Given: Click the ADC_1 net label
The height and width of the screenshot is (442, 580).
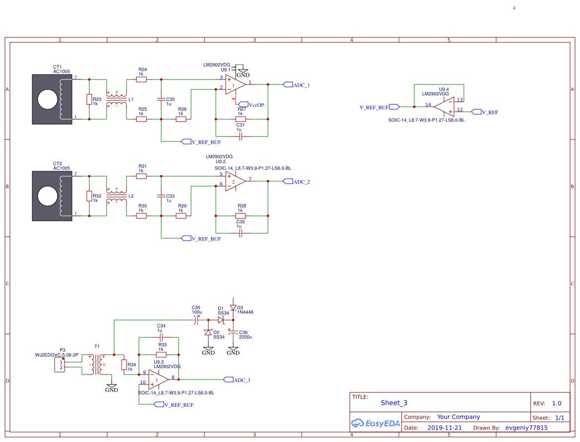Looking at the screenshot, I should [x=301, y=85].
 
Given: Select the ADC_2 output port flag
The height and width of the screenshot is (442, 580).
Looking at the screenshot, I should [x=287, y=182].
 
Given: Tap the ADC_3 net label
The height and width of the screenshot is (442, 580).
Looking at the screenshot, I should [x=242, y=380].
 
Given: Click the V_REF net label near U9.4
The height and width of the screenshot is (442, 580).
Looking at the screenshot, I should [x=490, y=112].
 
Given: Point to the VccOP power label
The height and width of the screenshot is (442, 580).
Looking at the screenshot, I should [x=257, y=105].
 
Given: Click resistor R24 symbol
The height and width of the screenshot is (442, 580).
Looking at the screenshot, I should [x=141, y=79].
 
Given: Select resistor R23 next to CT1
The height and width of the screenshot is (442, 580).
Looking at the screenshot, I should [x=89, y=100].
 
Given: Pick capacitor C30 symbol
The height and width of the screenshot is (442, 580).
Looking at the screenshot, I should [x=161, y=99].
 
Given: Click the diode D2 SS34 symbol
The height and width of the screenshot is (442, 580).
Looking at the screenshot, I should [x=208, y=332].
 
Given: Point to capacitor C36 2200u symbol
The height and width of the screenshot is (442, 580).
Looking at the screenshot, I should [x=233, y=332].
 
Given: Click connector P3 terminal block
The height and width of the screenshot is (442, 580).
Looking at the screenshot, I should [x=61, y=365].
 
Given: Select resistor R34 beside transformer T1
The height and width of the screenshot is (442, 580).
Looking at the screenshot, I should [x=124, y=365].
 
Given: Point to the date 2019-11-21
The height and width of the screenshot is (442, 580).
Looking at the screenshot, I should [x=445, y=428].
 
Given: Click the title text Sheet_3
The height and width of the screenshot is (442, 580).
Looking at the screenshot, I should [x=394, y=403].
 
